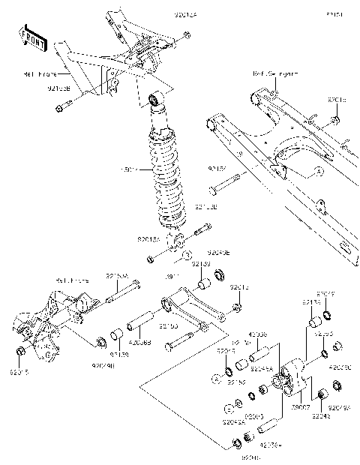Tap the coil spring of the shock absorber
(169, 180)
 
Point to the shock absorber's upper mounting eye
(154, 98)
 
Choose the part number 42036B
(140, 343)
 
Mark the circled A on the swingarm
(317, 171)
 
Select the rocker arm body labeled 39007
(288, 378)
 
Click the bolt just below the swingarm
(225, 183)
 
